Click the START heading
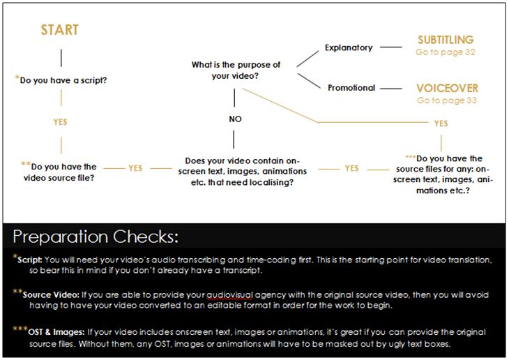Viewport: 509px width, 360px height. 59,30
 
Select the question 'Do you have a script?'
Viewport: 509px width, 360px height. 68,80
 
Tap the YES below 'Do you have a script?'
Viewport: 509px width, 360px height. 61,122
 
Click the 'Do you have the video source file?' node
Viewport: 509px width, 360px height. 63,172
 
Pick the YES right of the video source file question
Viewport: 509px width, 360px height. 135,168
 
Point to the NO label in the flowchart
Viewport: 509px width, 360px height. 235,119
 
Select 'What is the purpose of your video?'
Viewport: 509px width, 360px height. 236,70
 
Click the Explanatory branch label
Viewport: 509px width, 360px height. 349,48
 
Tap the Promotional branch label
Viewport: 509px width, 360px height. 351,88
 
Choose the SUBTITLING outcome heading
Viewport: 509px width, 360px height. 446,40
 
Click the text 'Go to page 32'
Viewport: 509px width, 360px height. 446,52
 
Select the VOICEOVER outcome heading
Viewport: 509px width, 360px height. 447,89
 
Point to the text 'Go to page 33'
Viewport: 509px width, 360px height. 446,100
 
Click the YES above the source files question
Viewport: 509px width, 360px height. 441,123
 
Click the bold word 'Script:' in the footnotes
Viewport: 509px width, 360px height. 32,260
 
